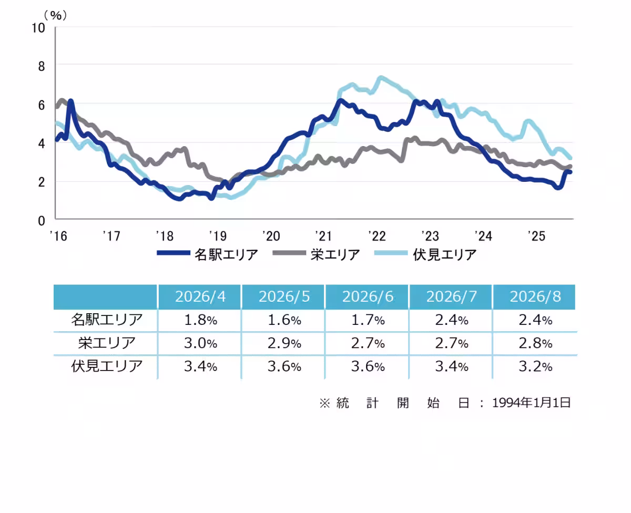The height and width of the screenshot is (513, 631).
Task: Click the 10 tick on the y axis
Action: pos(38,28)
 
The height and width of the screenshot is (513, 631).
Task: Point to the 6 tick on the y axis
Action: pos(42,105)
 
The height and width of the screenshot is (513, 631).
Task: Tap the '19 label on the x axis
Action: pos(218,236)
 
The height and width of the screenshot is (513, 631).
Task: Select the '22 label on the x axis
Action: pos(377,236)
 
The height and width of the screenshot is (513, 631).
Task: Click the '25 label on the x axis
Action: pos(536,236)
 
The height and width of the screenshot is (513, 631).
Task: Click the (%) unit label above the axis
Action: pos(55,15)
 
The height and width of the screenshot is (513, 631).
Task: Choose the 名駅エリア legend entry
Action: pos(208,254)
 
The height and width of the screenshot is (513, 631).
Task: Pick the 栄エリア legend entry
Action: pos(316,254)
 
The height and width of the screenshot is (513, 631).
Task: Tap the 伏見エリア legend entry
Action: pos(425,254)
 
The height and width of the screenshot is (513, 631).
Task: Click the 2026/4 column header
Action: pos(200,296)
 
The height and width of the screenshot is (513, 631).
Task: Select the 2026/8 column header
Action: pos(535,296)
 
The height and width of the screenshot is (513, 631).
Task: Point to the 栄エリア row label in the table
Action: pos(106,343)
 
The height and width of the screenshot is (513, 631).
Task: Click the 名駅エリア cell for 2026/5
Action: pos(284,320)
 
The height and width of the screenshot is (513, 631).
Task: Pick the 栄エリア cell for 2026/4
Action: pos(200,343)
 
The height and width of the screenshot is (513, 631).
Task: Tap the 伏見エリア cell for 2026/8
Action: pos(535,366)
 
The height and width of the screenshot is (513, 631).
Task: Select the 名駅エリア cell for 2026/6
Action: pos(368,320)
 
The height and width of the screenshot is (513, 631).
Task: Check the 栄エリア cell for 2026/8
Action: pos(535,343)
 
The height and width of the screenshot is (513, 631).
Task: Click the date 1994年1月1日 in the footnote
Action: pos(531,403)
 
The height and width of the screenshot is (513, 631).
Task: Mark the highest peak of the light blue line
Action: pos(381,78)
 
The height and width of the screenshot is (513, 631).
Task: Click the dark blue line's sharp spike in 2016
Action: pos(70,101)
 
